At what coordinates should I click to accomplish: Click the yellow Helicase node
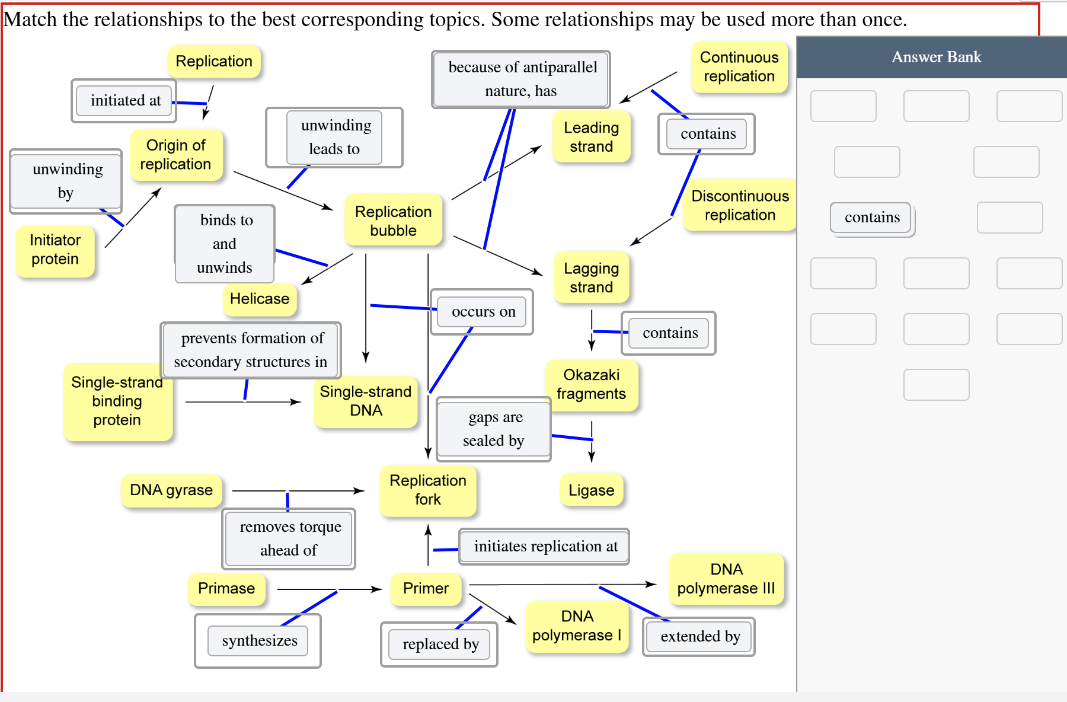pos(260,299)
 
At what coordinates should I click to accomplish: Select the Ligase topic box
pos(591,490)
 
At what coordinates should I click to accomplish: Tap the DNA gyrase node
pos(171,490)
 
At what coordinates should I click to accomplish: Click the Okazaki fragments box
pos(591,384)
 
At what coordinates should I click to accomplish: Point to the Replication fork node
pos(427,490)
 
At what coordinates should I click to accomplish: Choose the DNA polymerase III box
pos(726,579)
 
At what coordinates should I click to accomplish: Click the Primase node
pos(226,588)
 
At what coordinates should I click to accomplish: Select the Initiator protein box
pos(55,250)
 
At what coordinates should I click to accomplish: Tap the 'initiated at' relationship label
pos(125,101)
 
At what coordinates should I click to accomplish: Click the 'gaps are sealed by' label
pos(493,429)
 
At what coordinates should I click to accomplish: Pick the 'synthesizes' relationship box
pos(259,641)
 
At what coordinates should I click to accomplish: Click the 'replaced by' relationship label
pos(440,644)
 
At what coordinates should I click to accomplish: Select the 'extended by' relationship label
pos(699,637)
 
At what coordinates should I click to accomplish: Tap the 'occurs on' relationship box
pos(483,312)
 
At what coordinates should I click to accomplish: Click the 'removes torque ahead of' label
pos(289,538)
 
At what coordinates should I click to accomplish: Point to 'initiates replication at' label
pos(545,547)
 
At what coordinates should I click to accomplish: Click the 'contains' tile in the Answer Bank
pos(871,218)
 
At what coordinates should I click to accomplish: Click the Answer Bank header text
pos(936,57)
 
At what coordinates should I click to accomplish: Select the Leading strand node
pos(591,137)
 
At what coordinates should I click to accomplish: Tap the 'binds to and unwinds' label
pos(225,244)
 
